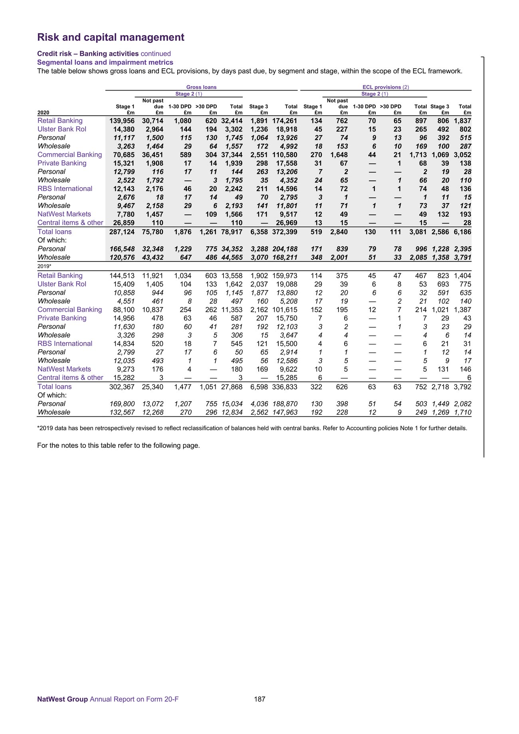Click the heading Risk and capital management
click(111, 37)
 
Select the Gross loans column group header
click(201, 87)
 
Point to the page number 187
click(259, 699)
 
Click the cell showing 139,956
click(122, 121)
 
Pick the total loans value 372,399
click(285, 231)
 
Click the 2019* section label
click(44, 266)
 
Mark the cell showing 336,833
click(285, 386)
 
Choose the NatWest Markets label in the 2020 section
click(64, 214)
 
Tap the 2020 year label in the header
click(43, 113)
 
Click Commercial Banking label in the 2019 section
click(69, 309)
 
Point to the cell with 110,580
click(285, 154)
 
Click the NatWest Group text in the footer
click(62, 699)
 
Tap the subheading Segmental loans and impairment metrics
click(105, 62)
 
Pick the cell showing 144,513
click(122, 275)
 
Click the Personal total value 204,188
click(285, 249)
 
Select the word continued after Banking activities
click(156, 53)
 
